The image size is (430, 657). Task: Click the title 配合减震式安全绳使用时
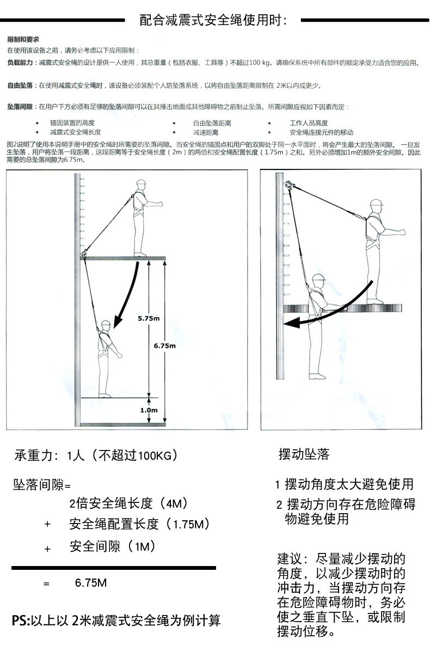coord(213,21)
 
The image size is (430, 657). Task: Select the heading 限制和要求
coord(23,40)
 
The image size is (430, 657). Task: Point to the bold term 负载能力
coord(20,63)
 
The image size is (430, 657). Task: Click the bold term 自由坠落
coord(20,86)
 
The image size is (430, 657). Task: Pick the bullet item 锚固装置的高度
coord(72,123)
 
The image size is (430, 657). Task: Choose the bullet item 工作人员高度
coord(308,123)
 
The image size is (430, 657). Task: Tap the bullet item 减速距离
coord(205,132)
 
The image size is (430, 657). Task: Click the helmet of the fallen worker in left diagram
coord(105,324)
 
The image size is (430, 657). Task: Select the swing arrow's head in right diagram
coord(290,322)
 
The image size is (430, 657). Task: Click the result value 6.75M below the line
coord(90,583)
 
